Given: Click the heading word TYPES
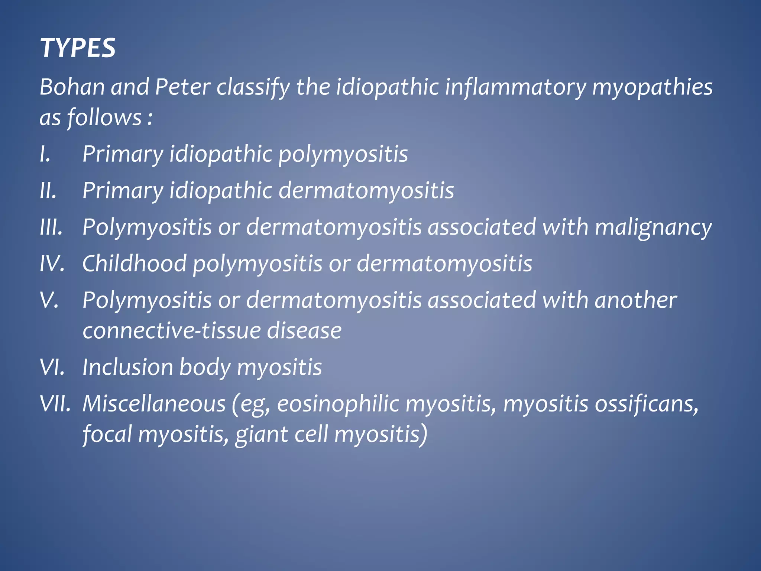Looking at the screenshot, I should pyautogui.click(x=78, y=48).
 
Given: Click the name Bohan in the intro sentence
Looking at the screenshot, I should pyautogui.click(x=72, y=87).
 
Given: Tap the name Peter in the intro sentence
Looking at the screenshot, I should pyautogui.click(x=182, y=87).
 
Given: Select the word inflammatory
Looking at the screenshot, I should pyautogui.click(x=515, y=87).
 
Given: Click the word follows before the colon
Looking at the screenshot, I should pyautogui.click(x=104, y=117).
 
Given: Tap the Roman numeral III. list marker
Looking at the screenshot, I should pyautogui.click(x=51, y=227).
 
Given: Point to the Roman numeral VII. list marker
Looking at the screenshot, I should pyautogui.click(x=55, y=404).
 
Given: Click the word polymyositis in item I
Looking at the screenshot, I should pyautogui.click(x=343, y=155).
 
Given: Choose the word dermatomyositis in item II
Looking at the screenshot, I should pyautogui.click(x=366, y=191).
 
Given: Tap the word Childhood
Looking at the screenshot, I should pyautogui.click(x=134, y=264).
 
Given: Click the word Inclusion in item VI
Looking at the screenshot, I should pyautogui.click(x=127, y=367).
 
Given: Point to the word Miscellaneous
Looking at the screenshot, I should pyautogui.click(x=154, y=404).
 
